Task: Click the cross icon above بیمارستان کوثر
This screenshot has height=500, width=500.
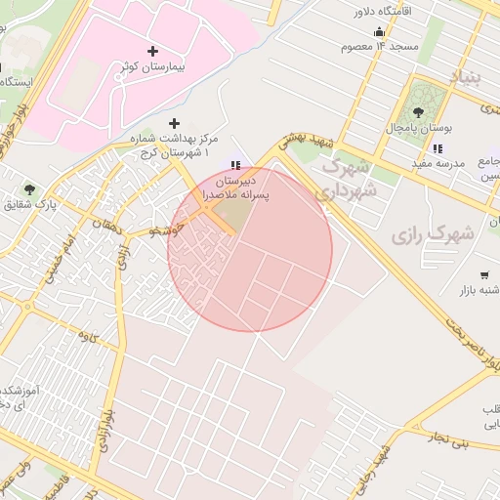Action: [151, 51]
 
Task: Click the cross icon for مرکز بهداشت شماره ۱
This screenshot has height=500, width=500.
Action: [175, 123]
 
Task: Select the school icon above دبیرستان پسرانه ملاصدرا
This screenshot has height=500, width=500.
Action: [234, 165]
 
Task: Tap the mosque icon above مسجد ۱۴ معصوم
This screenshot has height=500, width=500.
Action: [379, 31]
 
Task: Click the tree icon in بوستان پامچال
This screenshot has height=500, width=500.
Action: [422, 114]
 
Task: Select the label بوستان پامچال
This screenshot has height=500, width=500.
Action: [416, 130]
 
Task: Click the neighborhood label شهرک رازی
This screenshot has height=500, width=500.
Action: [433, 234]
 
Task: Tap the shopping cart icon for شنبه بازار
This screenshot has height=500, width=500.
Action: [485, 275]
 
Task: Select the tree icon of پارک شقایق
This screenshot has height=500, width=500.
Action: [30, 188]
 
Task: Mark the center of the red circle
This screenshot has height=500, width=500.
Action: [250, 249]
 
